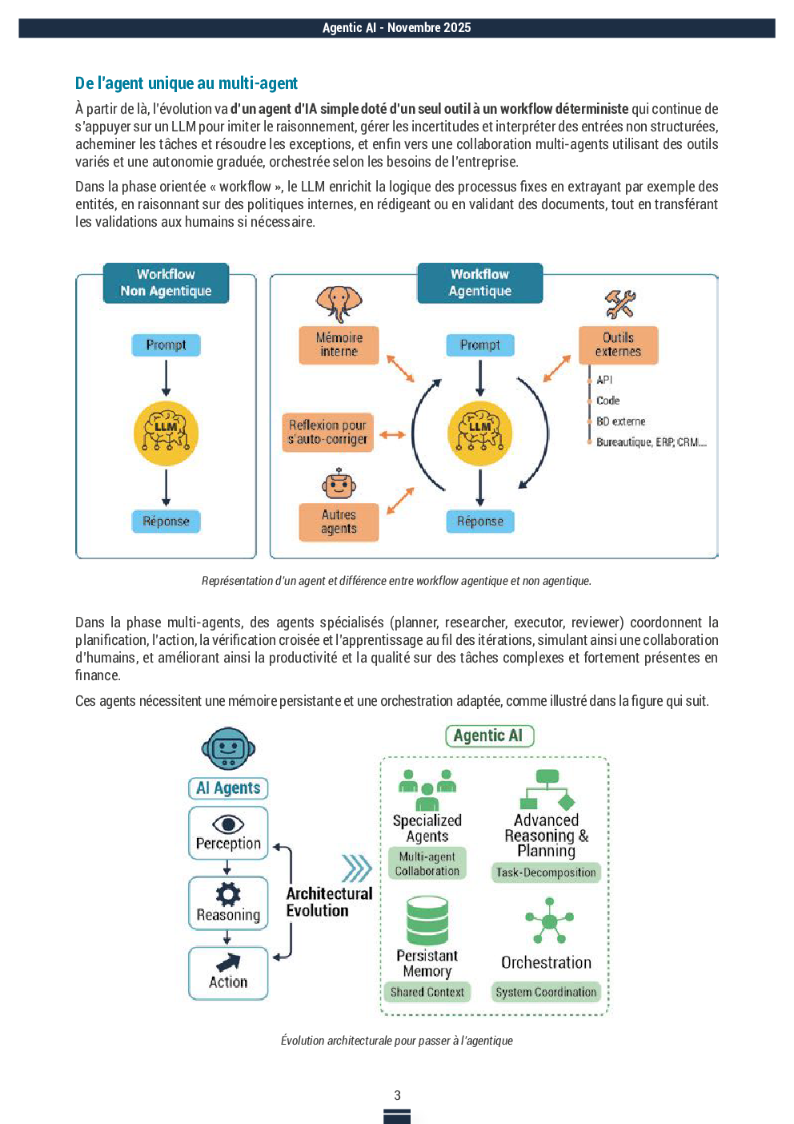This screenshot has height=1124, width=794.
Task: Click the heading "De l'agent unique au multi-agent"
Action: (x=186, y=83)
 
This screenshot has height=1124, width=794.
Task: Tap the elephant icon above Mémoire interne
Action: (x=339, y=304)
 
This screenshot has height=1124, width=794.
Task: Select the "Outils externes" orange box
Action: (x=618, y=344)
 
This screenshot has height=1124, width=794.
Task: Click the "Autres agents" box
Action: (x=339, y=522)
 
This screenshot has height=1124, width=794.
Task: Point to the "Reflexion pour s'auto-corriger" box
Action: (x=327, y=432)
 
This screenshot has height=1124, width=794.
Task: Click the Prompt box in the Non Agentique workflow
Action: (x=166, y=345)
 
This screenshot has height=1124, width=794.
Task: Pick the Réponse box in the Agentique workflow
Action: (x=480, y=522)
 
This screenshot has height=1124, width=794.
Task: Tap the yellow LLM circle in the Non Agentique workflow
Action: (x=166, y=433)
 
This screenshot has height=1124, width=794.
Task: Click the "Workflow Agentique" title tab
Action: (x=480, y=283)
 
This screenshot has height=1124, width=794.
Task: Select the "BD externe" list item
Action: (x=620, y=421)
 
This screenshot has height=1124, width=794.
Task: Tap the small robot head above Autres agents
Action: (x=339, y=485)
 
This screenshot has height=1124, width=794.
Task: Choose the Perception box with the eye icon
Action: (x=228, y=833)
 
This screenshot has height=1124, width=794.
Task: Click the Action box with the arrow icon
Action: (x=228, y=973)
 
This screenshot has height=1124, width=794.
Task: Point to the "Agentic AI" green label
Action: (x=488, y=735)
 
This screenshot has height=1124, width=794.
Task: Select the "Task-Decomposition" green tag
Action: (x=546, y=872)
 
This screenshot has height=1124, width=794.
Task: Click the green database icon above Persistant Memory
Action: (x=427, y=921)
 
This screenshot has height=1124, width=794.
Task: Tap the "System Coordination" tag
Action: (x=546, y=992)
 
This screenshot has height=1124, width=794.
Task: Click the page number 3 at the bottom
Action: (x=397, y=1095)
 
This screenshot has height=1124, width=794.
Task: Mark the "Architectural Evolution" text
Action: (x=329, y=902)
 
